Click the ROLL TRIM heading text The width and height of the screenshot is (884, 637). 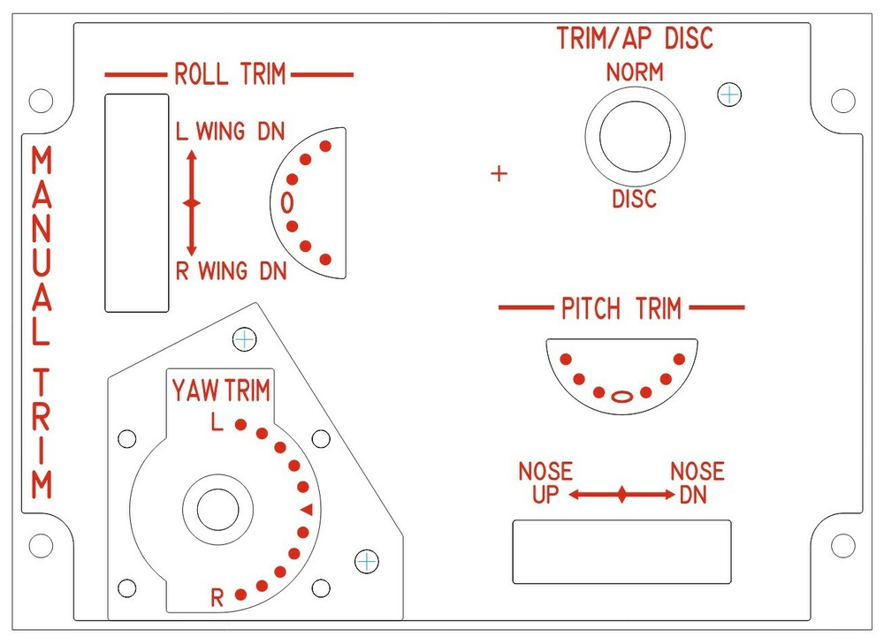230,74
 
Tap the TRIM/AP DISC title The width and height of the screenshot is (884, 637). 635,39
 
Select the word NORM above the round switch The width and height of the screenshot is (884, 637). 635,72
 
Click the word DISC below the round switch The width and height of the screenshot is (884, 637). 635,199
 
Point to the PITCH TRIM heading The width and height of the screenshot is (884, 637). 621,308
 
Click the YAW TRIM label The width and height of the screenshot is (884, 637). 221,391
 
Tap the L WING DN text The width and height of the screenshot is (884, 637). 231,133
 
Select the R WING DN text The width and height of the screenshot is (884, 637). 231,271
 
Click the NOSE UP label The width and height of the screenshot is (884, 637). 545,482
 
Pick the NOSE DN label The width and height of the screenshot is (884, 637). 697,482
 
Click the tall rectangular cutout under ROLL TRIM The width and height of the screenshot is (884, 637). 137,202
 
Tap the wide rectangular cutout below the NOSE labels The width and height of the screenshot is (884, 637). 622,551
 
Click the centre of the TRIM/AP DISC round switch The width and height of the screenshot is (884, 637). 635,137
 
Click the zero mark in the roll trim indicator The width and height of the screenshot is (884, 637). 286,202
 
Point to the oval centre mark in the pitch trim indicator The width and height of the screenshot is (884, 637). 622,396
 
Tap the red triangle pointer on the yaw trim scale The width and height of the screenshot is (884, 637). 307,510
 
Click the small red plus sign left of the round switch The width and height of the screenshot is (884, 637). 499,174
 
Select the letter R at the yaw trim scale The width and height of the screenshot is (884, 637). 217,598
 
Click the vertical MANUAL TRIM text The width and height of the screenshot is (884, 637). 41,322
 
